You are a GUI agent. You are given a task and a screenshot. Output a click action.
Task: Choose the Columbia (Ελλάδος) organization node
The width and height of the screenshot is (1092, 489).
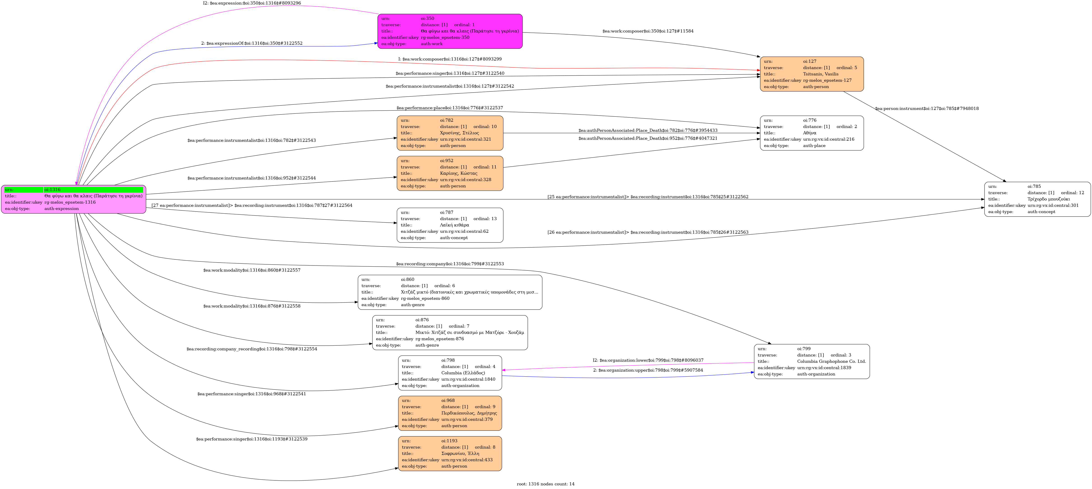tap(450, 373)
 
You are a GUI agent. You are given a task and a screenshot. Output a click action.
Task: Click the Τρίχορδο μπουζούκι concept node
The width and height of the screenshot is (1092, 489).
tap(1037, 199)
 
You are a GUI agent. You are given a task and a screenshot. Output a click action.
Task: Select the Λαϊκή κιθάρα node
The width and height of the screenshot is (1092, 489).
tap(450, 225)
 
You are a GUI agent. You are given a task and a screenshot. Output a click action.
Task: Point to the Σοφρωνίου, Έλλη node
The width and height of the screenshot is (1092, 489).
tap(450, 453)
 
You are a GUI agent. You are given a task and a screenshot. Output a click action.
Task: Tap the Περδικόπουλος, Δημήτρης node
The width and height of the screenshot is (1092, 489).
tap(450, 413)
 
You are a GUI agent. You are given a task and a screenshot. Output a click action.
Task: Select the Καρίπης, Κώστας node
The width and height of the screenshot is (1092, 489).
tap(450, 173)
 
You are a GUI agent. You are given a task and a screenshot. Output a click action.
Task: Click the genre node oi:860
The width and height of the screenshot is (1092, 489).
tap(450, 292)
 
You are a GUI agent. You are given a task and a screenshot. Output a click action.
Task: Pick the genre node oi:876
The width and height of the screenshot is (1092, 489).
tap(450, 333)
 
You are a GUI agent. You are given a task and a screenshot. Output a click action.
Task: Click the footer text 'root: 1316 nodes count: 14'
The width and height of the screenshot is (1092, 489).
tap(546, 484)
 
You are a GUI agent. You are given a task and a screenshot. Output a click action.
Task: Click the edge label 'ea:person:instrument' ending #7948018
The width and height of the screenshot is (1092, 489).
tap(927, 108)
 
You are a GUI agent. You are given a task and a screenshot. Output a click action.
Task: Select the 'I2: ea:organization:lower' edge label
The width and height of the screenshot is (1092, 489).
tap(648, 360)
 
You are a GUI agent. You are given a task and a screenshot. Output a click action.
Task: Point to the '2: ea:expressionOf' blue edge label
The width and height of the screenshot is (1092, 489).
tap(252, 43)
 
